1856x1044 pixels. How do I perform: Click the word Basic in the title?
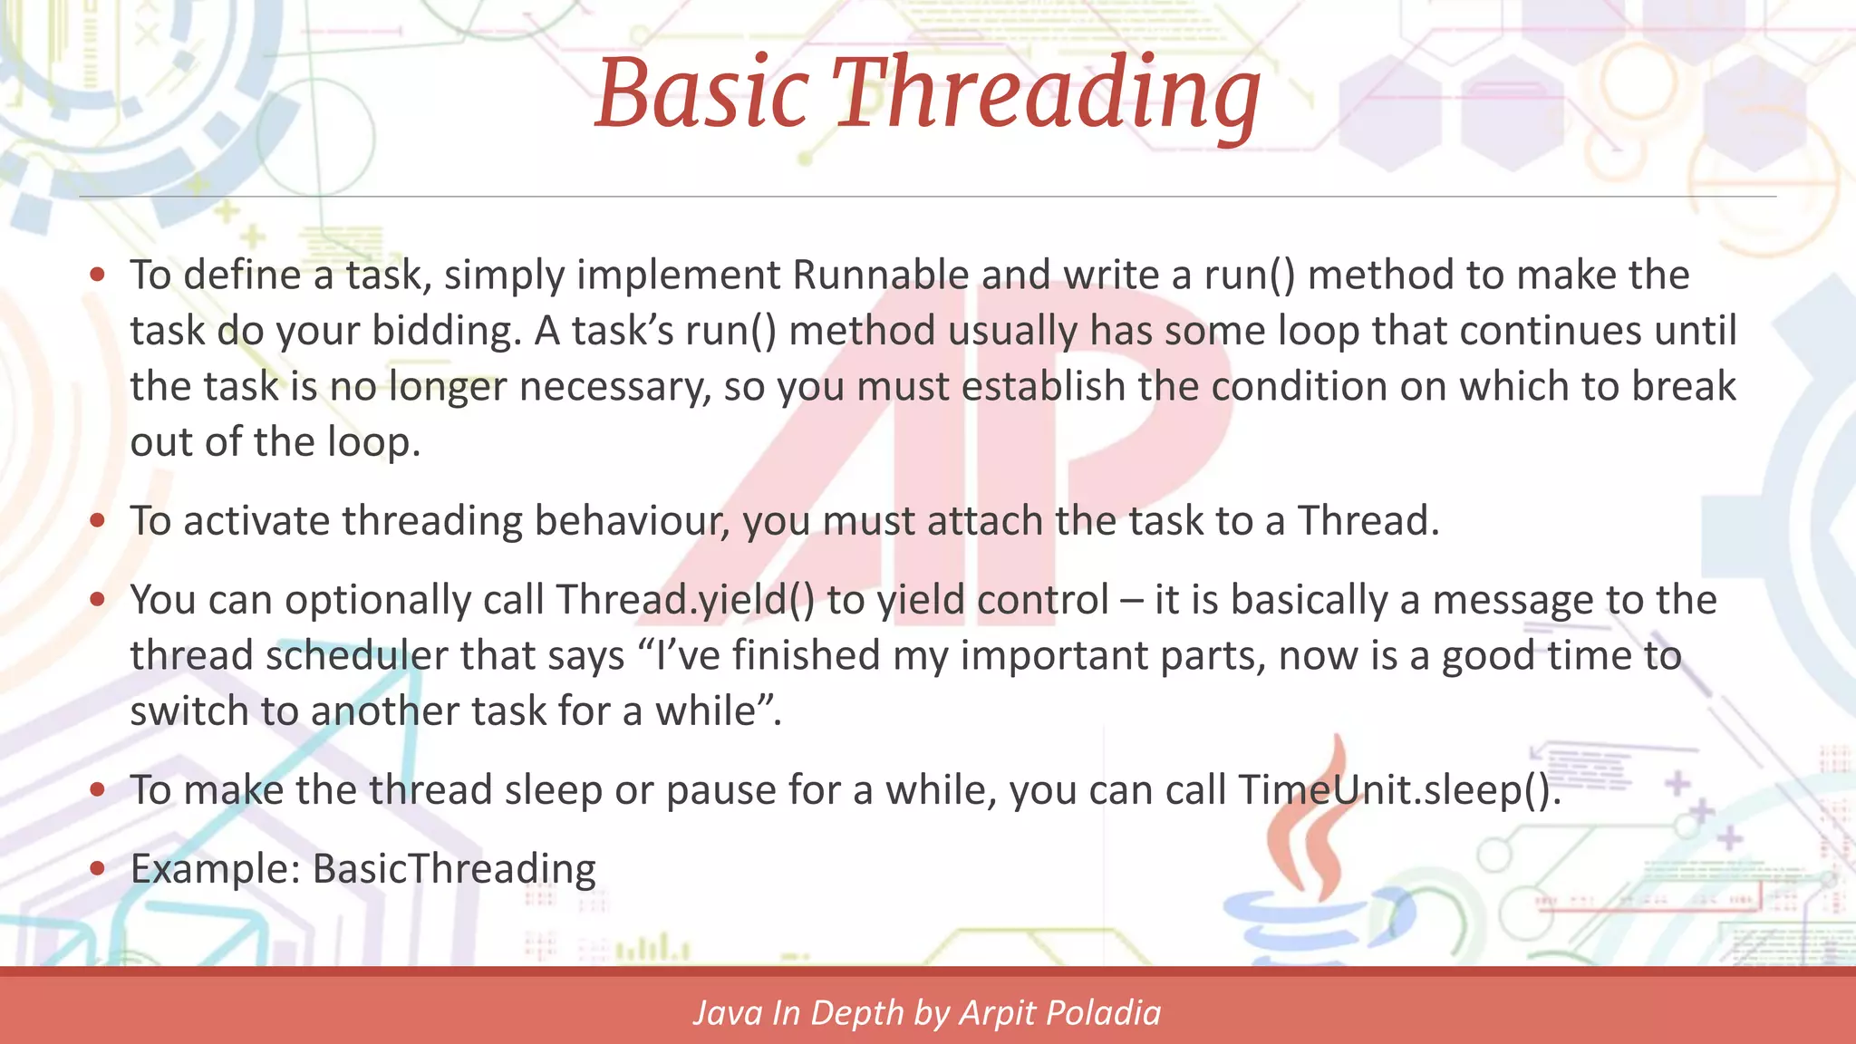pos(701,94)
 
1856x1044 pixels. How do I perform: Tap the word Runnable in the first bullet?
pos(881,275)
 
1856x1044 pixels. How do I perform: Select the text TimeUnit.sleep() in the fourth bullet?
pos(1398,790)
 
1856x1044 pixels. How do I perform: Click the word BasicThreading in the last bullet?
pos(454,869)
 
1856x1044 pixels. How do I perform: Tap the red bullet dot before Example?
pos(98,869)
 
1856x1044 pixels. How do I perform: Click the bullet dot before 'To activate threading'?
pos(98,521)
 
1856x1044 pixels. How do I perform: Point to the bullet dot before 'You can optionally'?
pos(98,600)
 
